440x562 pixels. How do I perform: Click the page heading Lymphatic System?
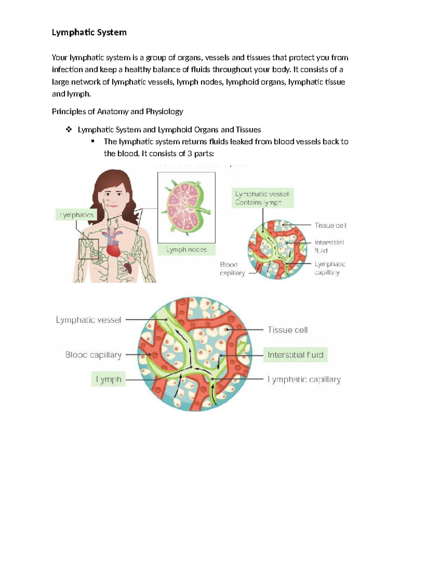tap(89, 32)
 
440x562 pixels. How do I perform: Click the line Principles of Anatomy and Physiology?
tap(117, 111)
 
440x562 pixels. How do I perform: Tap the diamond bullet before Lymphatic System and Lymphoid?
tap(68, 129)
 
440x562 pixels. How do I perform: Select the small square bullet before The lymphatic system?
tap(93, 141)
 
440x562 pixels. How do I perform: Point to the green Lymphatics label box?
tap(77, 215)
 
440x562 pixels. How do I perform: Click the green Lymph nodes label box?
tap(186, 249)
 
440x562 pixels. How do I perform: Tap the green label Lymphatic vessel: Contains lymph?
tap(262, 198)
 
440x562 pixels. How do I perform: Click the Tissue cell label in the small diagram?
tap(330, 225)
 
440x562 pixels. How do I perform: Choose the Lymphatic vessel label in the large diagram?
tap(88, 320)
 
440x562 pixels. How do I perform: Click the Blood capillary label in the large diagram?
tap(93, 355)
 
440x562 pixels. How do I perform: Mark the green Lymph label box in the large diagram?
tap(108, 380)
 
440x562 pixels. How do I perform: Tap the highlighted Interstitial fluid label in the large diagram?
tap(295, 355)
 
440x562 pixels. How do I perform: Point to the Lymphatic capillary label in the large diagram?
tap(304, 380)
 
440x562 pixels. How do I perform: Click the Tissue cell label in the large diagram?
tap(287, 330)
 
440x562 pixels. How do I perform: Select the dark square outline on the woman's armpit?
tap(89, 249)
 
